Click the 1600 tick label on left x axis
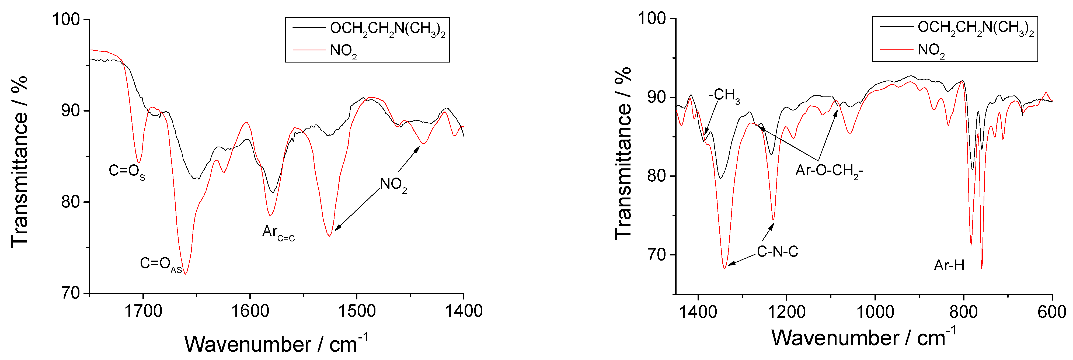pyautogui.click(x=250, y=311)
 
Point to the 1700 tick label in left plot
pyautogui.click(x=143, y=311)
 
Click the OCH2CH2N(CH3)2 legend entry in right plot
pyautogui.click(x=976, y=28)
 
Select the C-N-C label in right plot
pyautogui.click(x=777, y=252)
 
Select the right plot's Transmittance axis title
pyautogui.click(x=623, y=153)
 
